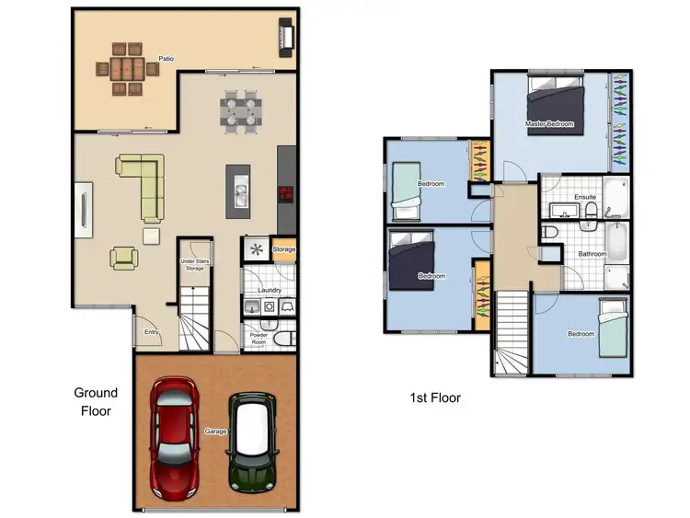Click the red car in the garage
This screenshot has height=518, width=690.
tap(175, 425)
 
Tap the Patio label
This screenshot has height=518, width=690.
tap(166, 59)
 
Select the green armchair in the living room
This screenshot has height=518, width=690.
tap(124, 258)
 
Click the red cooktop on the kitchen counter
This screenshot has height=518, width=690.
tap(286, 193)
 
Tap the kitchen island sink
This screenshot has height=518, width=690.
tap(240, 194)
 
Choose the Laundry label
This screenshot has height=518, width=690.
tap(269, 291)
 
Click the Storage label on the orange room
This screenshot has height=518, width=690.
tap(284, 249)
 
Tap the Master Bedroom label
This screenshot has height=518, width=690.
tap(549, 123)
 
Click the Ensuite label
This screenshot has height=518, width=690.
tap(585, 197)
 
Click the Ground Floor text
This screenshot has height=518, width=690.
tap(96, 401)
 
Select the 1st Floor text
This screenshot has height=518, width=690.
tap(434, 398)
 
